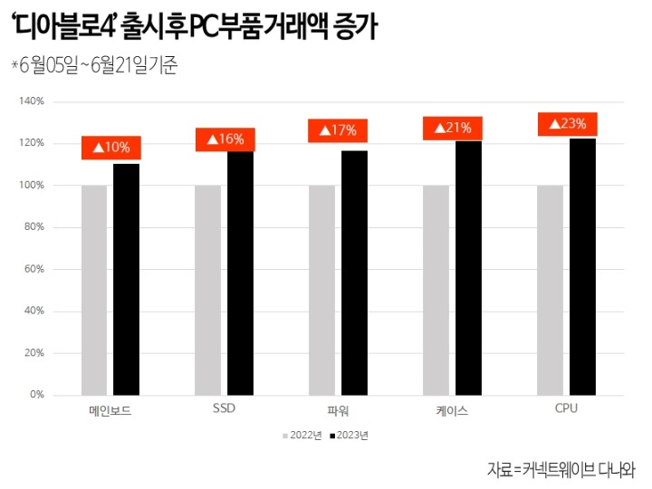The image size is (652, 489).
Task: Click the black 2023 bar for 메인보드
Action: pos(126,279)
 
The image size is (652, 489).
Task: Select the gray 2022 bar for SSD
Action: pos(207,290)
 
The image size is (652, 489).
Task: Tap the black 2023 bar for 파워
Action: pos(354,273)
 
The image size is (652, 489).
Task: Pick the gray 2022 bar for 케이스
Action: pos(436,290)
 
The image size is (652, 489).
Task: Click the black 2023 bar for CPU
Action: pos(582,266)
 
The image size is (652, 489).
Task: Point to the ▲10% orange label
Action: pos(111,147)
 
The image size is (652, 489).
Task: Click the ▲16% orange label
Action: pos(225,139)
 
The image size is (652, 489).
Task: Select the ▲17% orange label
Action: pos(338,130)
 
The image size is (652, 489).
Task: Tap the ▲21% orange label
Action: pos(453,128)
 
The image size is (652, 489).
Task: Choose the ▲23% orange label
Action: pos(568,124)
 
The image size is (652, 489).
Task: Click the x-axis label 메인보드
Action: pos(110,410)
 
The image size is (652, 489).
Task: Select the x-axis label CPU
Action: pos(566,408)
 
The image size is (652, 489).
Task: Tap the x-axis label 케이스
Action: pos(452,410)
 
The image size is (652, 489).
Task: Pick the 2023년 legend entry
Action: pos(350,436)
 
